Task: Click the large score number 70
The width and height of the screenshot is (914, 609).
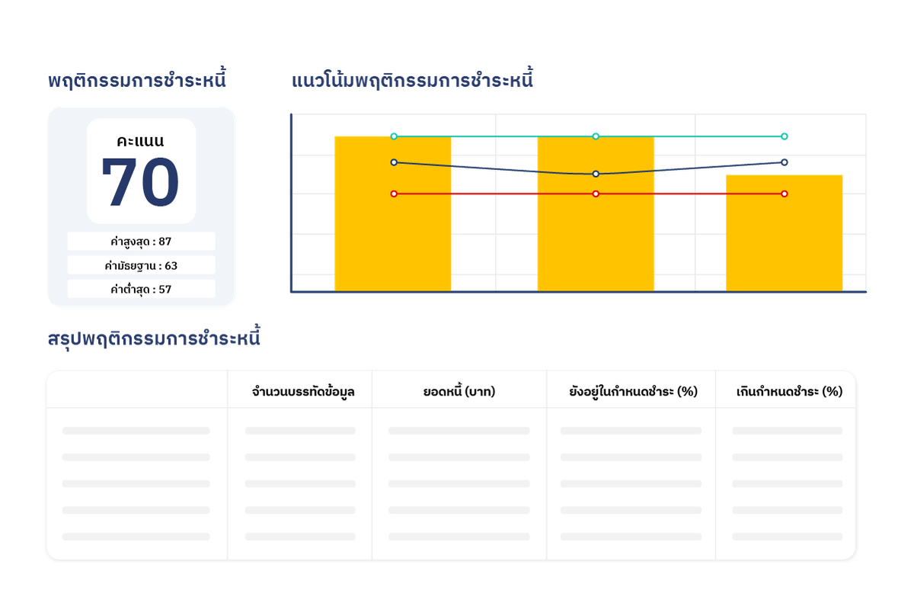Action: pyautogui.click(x=140, y=183)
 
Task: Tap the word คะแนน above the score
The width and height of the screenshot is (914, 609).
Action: pyautogui.click(x=141, y=141)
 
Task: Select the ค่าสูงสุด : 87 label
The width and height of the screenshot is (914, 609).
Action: pyautogui.click(x=141, y=242)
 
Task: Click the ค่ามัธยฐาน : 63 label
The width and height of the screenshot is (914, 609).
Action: pyautogui.click(x=141, y=265)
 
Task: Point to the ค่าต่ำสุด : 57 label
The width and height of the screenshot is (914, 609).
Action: pyautogui.click(x=141, y=289)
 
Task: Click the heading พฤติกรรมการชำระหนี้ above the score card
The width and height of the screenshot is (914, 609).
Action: pyautogui.click(x=137, y=80)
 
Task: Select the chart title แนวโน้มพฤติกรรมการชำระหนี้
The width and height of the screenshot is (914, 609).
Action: pyautogui.click(x=413, y=80)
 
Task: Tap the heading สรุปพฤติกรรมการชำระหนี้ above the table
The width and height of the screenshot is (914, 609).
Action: pyautogui.click(x=154, y=338)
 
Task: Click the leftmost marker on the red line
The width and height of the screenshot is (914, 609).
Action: pyautogui.click(x=394, y=194)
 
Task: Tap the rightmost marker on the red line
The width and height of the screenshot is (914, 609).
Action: pyautogui.click(x=785, y=194)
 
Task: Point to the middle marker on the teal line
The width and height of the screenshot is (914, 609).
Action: pyautogui.click(x=596, y=136)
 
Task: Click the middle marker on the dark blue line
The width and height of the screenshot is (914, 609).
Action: pyautogui.click(x=596, y=174)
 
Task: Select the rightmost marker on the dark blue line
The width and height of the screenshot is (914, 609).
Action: pyautogui.click(x=785, y=162)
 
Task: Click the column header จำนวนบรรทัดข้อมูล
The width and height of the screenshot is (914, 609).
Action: pyautogui.click(x=302, y=393)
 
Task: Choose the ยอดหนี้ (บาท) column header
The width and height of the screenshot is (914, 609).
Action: pyautogui.click(x=459, y=393)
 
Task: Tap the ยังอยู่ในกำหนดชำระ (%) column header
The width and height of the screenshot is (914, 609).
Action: pyautogui.click(x=633, y=393)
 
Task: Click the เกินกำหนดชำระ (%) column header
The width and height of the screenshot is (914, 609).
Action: pyautogui.click(x=789, y=393)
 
